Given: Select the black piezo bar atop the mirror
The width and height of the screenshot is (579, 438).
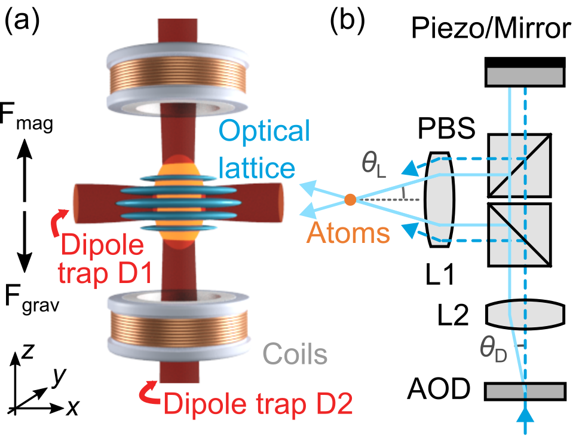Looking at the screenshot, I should pyautogui.click(x=524, y=62).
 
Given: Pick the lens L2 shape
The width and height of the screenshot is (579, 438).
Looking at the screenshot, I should pyautogui.click(x=524, y=313).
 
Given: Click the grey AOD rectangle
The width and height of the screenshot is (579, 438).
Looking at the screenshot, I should pyautogui.click(x=524, y=391).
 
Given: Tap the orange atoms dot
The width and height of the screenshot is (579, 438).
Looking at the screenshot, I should pyautogui.click(x=350, y=200).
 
